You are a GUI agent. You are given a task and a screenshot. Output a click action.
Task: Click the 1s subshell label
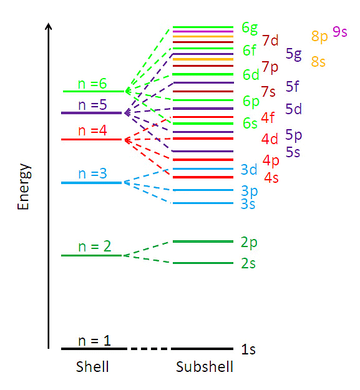(248, 349)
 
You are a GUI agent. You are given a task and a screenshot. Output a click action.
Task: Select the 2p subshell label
(248, 242)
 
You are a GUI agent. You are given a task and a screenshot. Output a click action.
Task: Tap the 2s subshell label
(248, 263)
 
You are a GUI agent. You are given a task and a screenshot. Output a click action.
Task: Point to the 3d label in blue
(249, 170)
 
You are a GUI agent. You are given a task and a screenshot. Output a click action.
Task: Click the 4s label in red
(271, 178)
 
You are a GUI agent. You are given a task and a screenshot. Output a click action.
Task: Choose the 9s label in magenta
(340, 32)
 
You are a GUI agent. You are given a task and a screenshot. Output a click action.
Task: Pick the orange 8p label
(319, 36)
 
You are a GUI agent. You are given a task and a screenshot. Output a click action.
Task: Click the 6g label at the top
(250, 27)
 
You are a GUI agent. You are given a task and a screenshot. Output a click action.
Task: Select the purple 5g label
(293, 54)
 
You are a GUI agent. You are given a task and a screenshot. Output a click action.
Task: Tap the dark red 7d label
(270, 41)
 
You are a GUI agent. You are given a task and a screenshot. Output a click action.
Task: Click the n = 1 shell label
(94, 341)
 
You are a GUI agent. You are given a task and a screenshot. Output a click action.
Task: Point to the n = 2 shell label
(94, 246)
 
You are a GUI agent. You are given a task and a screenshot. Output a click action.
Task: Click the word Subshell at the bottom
(204, 367)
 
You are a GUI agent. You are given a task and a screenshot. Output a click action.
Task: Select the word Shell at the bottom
(92, 367)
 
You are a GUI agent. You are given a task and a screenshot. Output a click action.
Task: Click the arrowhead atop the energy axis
(48, 26)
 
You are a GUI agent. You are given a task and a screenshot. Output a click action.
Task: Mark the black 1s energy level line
(203, 349)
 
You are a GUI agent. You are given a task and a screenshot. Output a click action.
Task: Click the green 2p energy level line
(203, 241)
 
